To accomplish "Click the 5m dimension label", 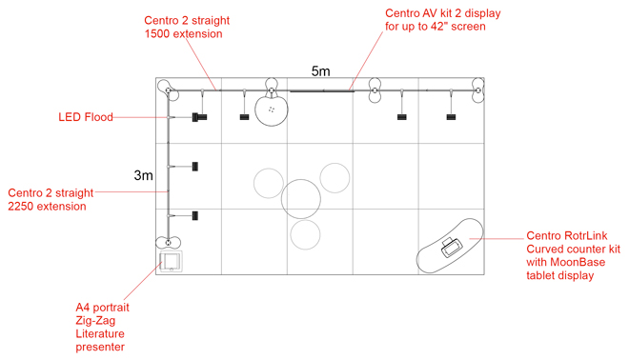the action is click(321, 71).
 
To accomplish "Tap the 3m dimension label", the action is click(143, 175).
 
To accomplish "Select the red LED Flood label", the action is click(86, 117).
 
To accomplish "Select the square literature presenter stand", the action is click(172, 260).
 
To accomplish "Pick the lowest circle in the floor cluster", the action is click(307, 234).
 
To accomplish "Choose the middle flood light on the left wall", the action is click(194, 166).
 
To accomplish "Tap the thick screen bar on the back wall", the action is click(321, 91).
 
